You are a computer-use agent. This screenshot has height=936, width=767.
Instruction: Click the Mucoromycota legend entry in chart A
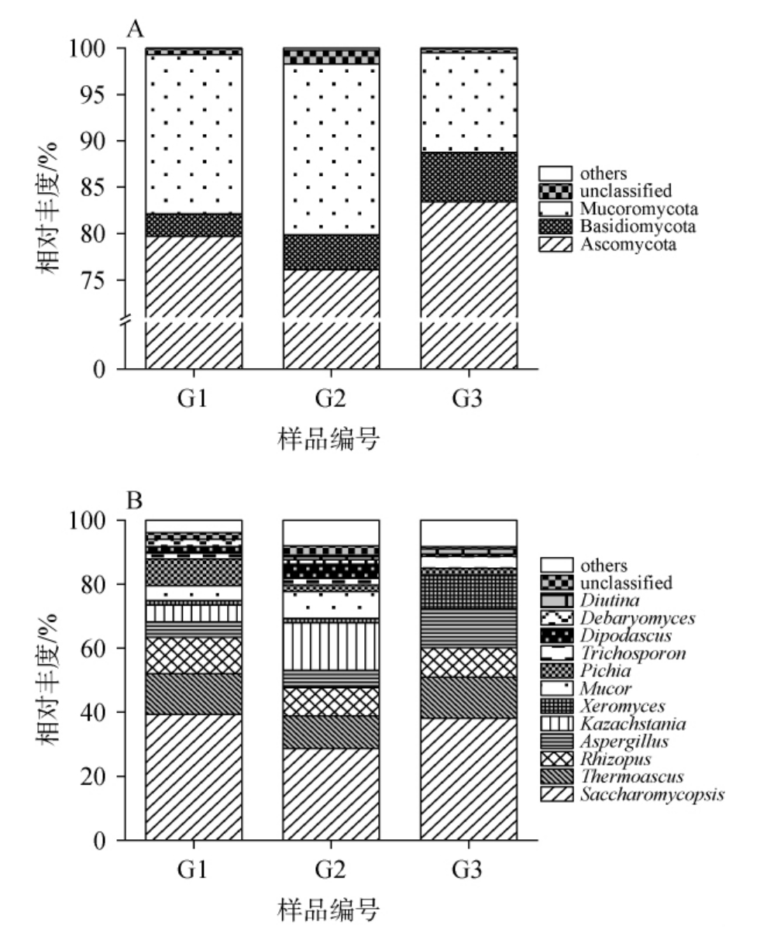tap(638, 208)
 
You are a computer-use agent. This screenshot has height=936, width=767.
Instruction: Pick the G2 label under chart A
tap(331, 402)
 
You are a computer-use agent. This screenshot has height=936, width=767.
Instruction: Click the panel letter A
tap(136, 29)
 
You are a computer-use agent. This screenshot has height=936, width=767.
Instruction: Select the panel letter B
tap(135, 501)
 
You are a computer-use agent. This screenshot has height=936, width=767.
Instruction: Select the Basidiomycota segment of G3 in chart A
tap(469, 177)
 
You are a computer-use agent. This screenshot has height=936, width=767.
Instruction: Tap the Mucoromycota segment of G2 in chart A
tap(331, 147)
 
